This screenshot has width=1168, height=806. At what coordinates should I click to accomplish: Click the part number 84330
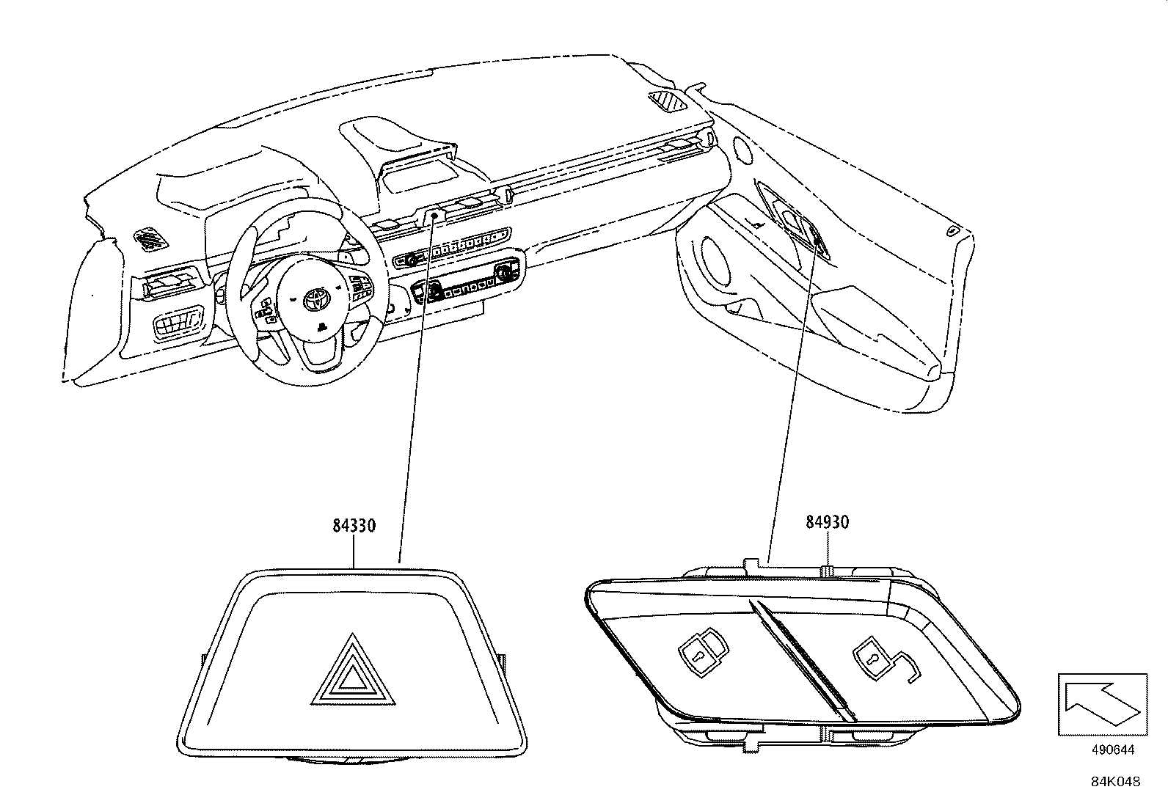pyautogui.click(x=354, y=526)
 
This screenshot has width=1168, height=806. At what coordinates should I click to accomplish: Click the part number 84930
pyautogui.click(x=827, y=522)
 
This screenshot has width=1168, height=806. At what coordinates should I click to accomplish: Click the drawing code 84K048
pyautogui.click(x=1114, y=782)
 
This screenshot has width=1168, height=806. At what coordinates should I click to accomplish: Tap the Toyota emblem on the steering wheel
pyautogui.click(x=316, y=297)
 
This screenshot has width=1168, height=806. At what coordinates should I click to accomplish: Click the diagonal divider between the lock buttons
pyautogui.click(x=803, y=658)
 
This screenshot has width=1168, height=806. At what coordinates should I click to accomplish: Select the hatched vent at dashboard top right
pyautogui.click(x=668, y=100)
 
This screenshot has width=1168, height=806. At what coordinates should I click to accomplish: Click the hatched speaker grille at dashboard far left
pyautogui.click(x=150, y=236)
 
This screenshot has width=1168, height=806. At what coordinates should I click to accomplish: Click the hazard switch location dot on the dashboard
pyautogui.click(x=434, y=216)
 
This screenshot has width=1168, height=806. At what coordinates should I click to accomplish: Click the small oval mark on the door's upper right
pyautogui.click(x=952, y=231)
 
